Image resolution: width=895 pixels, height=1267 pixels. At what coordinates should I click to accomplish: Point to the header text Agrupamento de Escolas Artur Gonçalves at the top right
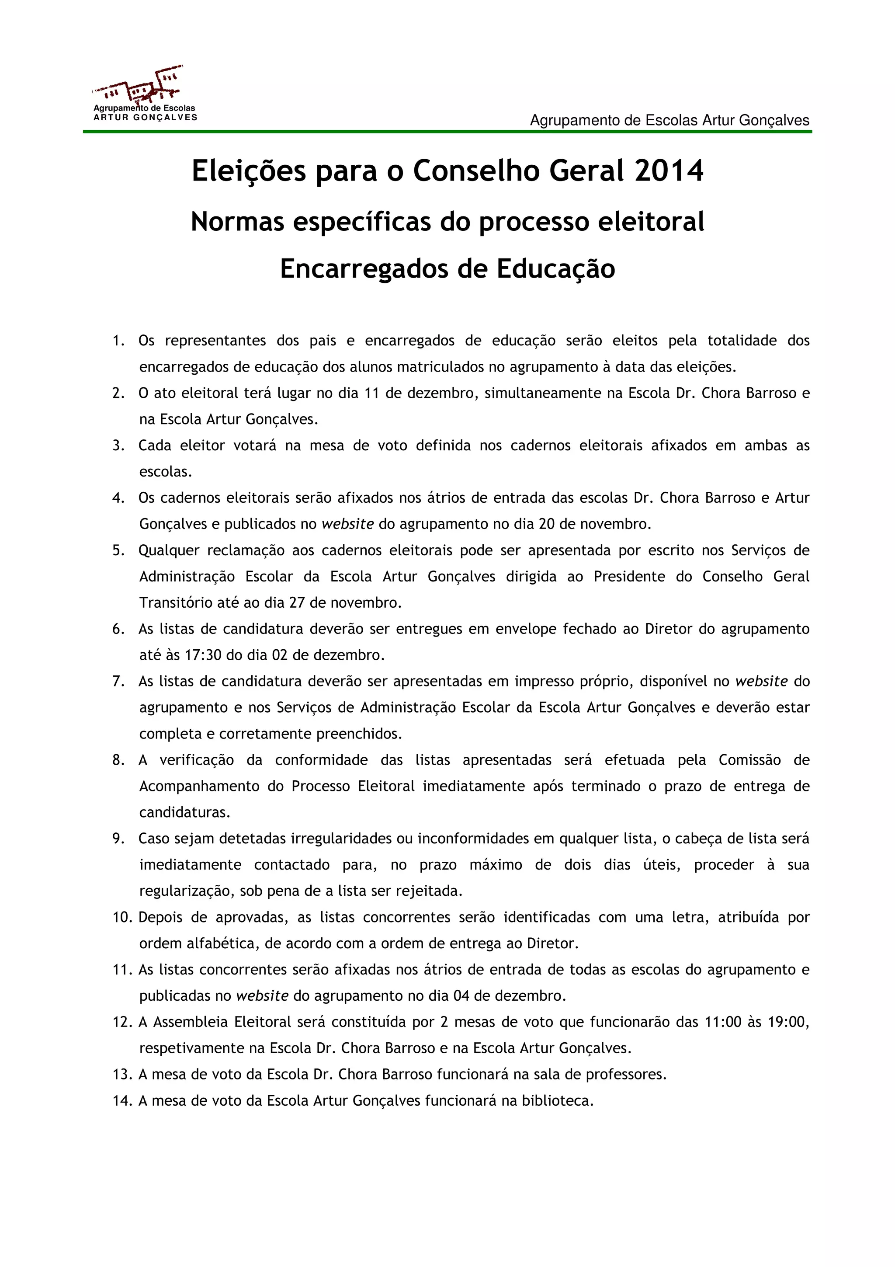click(x=669, y=120)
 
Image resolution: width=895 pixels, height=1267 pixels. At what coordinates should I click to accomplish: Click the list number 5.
click(x=118, y=551)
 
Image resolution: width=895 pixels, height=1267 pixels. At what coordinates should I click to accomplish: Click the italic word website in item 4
click(x=347, y=524)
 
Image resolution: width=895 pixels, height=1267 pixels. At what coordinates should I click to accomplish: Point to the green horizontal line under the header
click(x=447, y=132)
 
